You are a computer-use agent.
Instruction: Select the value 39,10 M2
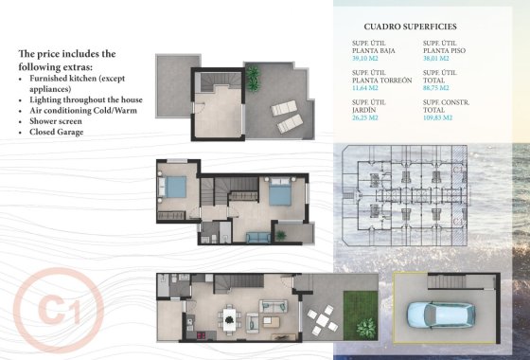pos(362,58)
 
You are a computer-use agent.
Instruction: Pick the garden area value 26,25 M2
pos(363,119)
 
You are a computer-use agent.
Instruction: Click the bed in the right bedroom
pos(279,195)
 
